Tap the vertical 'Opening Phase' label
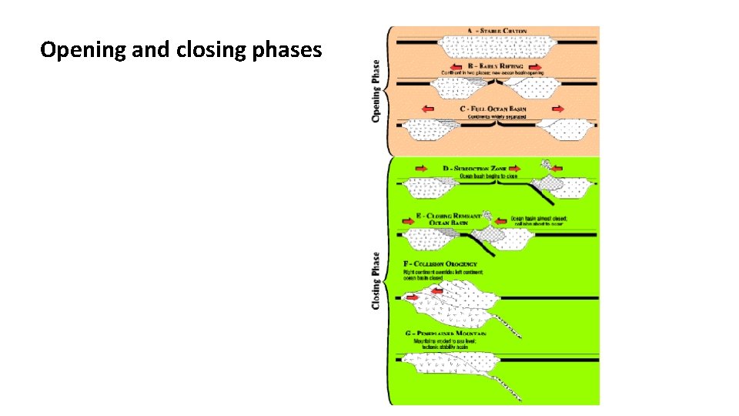point(376,90)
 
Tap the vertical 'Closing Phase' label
point(376,280)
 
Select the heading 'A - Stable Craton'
point(495,31)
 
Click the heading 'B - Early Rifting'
point(496,67)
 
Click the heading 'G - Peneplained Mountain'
point(446,334)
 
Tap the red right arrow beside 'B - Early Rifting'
point(536,67)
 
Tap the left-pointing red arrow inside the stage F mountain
point(438,291)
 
